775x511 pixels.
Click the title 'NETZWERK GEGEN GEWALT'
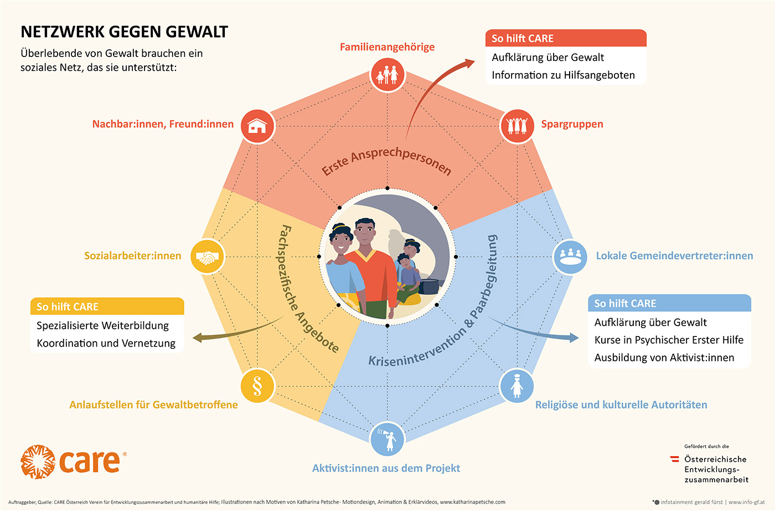[124, 32]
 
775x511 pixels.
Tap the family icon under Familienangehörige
[387, 75]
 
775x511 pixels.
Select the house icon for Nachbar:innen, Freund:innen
[257, 126]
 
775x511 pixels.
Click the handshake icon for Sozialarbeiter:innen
[208, 257]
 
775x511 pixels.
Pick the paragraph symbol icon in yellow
[257, 386]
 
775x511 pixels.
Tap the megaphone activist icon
[387, 440]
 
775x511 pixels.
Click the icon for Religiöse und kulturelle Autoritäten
[516, 386]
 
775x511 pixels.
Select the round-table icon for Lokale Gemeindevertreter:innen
[570, 257]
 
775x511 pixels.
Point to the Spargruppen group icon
[517, 126]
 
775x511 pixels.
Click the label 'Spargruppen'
[572, 124]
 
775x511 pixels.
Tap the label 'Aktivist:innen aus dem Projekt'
[386, 468]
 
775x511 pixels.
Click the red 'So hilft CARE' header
[566, 38]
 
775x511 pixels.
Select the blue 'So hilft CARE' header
[669, 303]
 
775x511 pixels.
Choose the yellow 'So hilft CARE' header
[107, 307]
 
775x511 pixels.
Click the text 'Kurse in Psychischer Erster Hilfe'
[669, 340]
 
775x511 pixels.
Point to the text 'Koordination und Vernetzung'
[106, 343]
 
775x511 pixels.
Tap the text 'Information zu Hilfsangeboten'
[563, 75]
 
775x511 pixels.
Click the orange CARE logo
[72, 462]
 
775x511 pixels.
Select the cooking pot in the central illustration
[428, 286]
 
